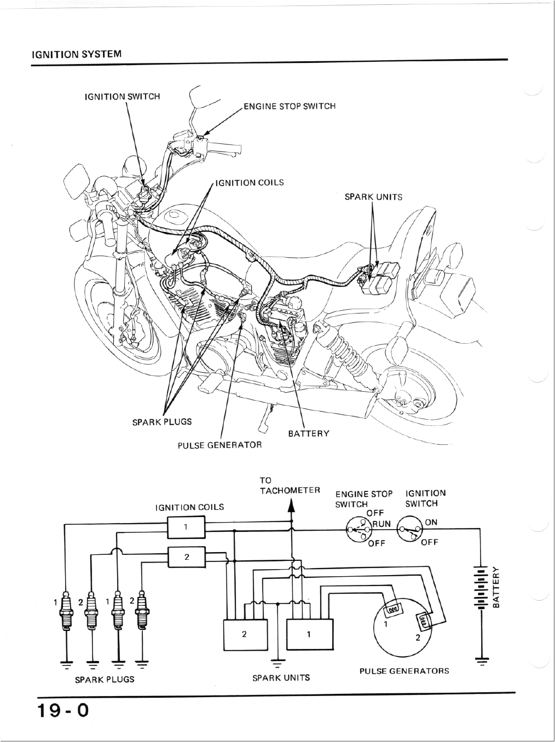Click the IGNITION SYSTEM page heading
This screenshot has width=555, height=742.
coord(76,55)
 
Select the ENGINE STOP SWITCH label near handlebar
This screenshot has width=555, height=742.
coord(289,106)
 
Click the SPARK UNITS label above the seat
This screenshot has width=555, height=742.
coord(373,197)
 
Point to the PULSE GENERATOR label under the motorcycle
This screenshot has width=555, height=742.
coord(219,445)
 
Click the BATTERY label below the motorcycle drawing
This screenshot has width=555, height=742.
coord(309,434)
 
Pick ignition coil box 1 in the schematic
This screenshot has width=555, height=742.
coord(186,528)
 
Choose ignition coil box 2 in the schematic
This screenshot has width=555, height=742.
coord(187,558)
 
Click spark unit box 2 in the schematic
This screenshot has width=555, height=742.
coord(245,635)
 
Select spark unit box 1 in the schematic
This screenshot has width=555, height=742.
coord(309,635)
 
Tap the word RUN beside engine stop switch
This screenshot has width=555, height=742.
coord(381,524)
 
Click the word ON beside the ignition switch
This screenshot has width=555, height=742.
coord(431,522)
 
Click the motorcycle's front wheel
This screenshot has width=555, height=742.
coord(118,317)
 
